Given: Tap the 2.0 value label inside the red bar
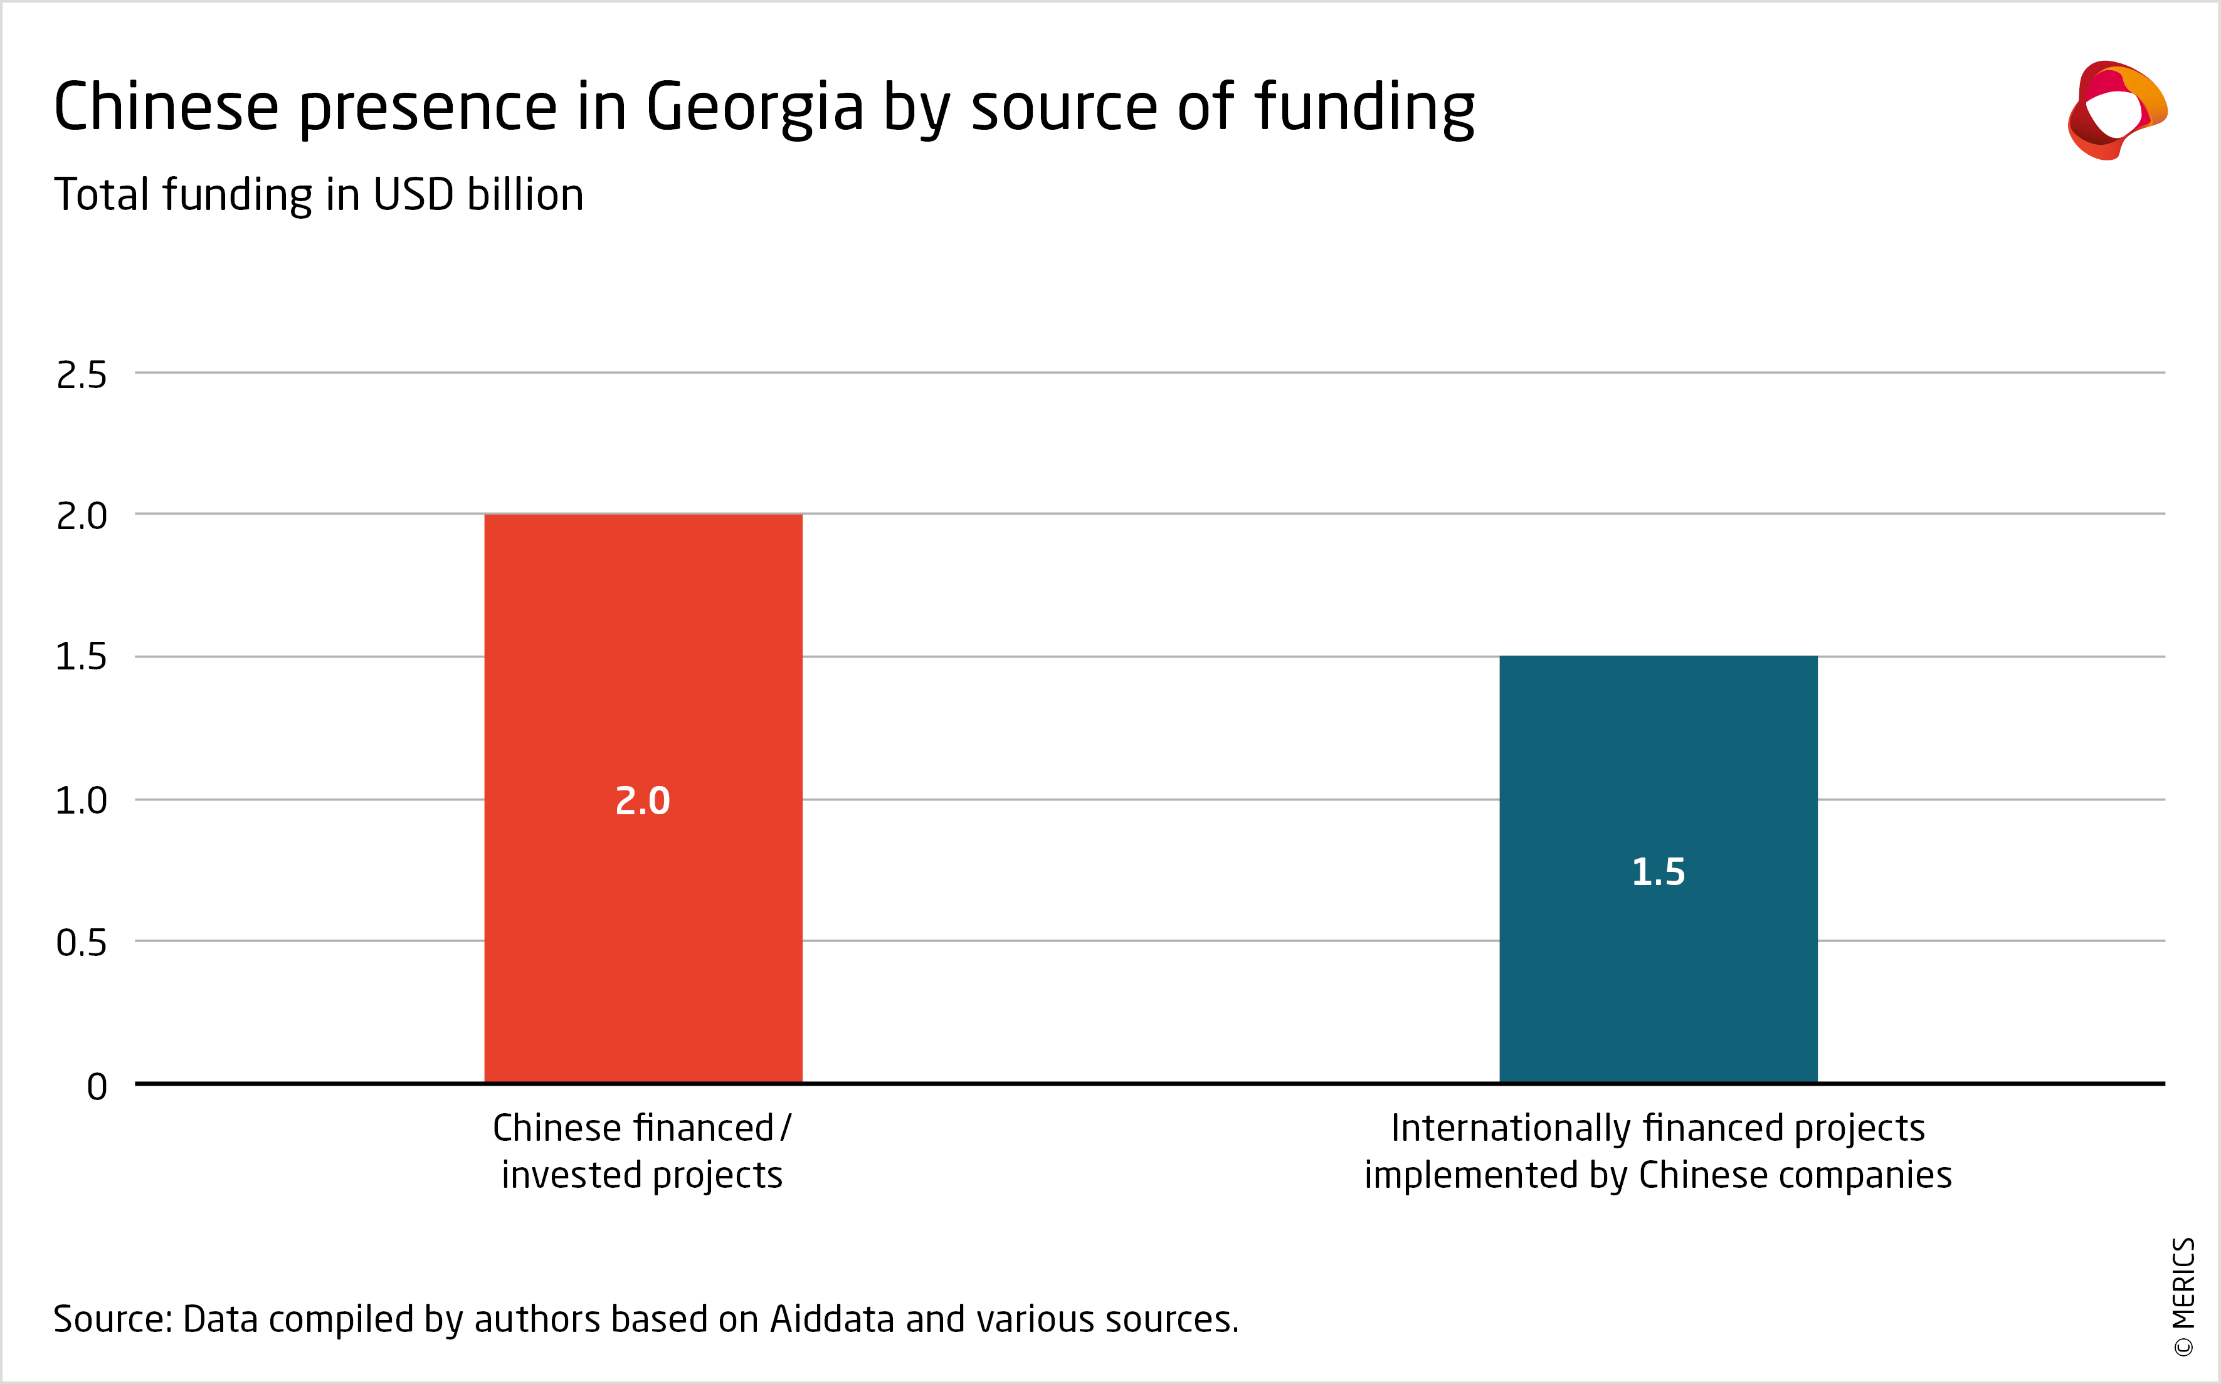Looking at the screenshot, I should (643, 801).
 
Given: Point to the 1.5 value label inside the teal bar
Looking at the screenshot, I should (1658, 871).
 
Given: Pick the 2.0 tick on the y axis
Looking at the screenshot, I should (82, 516).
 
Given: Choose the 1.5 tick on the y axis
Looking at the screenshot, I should (82, 658).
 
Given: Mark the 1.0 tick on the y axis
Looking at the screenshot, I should (82, 801).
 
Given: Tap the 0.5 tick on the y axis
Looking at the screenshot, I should (82, 943).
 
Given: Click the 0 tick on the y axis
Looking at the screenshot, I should (97, 1086).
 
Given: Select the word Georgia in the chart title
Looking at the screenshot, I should (754, 108).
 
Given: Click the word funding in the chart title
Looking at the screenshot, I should (1364, 108).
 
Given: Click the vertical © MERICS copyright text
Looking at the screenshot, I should (2183, 1295).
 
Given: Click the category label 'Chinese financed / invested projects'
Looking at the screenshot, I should (641, 1151).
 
